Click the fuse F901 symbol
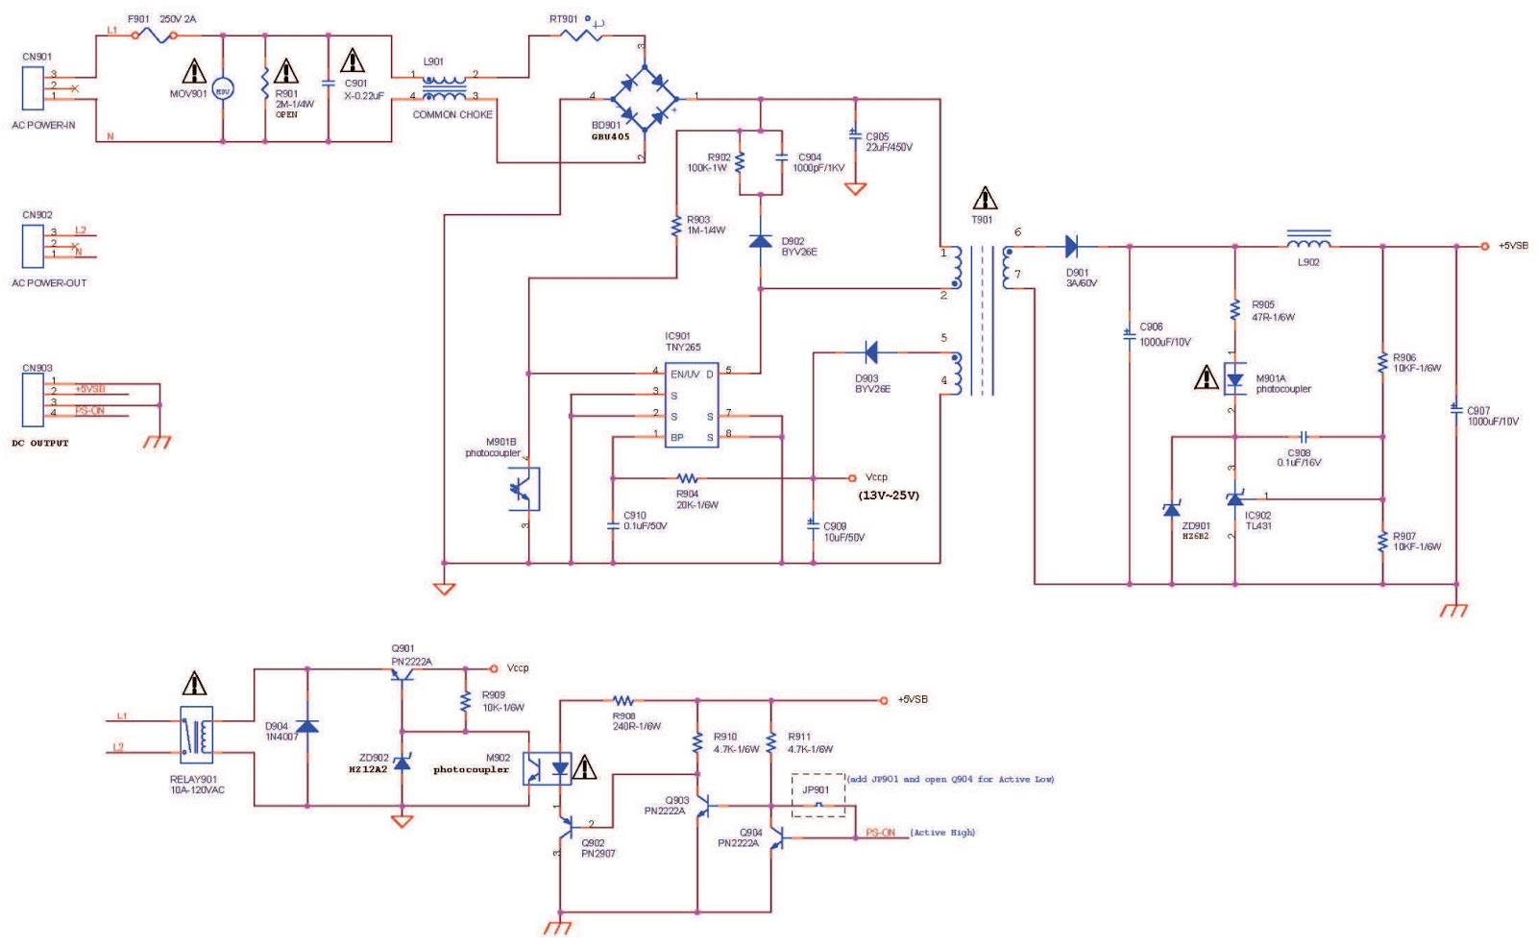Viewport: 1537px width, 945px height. click(x=154, y=36)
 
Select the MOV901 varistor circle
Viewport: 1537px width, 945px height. click(x=222, y=90)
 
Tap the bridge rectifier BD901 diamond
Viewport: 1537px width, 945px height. click(x=644, y=98)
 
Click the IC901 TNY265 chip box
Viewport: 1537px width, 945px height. click(x=691, y=404)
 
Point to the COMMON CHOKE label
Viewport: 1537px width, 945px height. click(x=452, y=114)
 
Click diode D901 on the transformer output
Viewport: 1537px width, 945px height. click(x=1072, y=247)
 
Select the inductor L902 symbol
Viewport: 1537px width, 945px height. click(x=1308, y=240)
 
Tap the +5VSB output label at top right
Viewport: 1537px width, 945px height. click(x=1513, y=246)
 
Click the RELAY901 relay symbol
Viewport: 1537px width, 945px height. click(x=197, y=736)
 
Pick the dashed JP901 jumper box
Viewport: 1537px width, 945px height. click(x=818, y=794)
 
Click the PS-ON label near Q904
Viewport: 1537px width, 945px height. click(x=880, y=833)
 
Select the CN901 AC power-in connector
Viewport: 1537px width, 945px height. click(x=33, y=87)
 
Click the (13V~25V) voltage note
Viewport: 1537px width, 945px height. click(x=888, y=496)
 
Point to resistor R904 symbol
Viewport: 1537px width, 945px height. click(x=687, y=478)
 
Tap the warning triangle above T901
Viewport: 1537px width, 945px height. click(x=985, y=199)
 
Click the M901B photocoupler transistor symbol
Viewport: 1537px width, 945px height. click(x=524, y=489)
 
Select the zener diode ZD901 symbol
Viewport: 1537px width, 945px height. click(x=1171, y=508)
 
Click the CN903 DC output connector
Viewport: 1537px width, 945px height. click(x=33, y=400)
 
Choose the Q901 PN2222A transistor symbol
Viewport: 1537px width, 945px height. click(x=403, y=674)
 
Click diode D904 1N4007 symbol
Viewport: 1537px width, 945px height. click(x=307, y=726)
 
